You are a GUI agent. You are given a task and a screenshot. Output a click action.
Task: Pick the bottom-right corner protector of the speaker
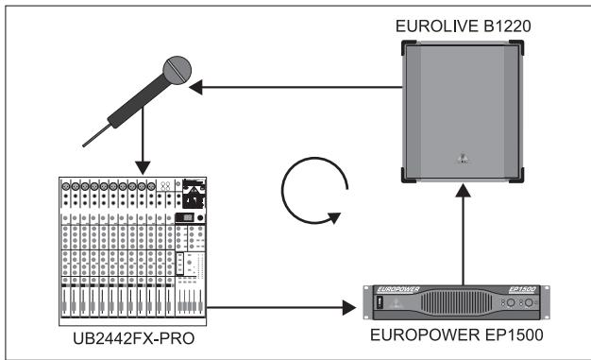518,175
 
